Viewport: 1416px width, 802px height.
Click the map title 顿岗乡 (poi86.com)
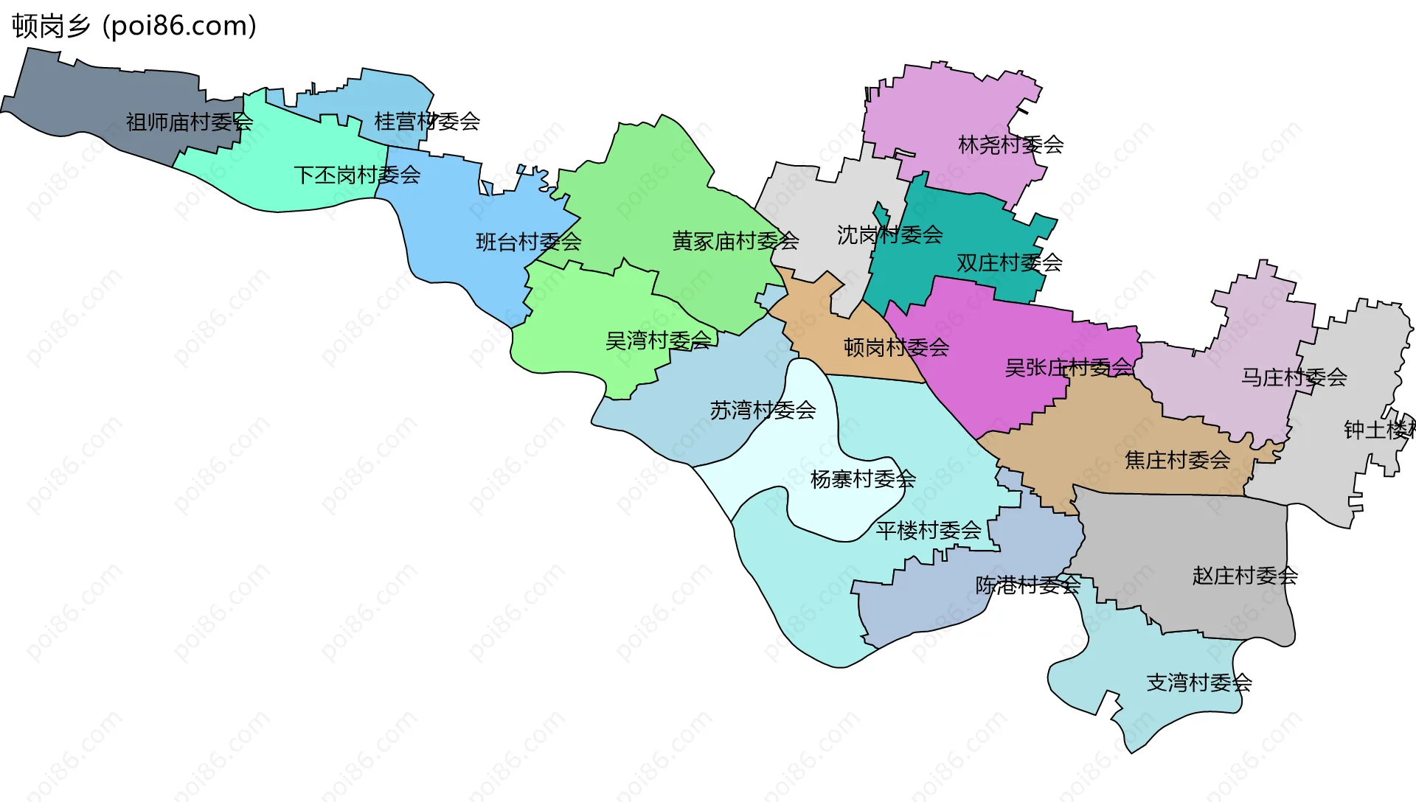[134, 26]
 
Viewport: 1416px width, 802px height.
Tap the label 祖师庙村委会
[189, 122]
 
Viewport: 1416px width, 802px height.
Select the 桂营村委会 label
[427, 121]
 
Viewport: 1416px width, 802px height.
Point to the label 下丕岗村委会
[357, 175]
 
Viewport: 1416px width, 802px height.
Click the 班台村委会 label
[528, 242]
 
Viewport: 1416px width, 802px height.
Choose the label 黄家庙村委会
[735, 240]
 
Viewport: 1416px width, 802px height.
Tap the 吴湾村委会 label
[658, 340]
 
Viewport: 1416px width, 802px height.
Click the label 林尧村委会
[1010, 144]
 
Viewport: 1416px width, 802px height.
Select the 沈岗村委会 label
[889, 235]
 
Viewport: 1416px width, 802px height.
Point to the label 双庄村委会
[1009, 262]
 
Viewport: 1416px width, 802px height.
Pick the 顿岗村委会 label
[896, 347]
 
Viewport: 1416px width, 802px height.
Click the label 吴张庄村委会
[1068, 367]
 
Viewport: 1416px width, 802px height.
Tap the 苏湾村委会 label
[763, 410]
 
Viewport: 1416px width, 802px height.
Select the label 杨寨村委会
[863, 479]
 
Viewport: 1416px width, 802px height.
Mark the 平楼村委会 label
[928, 530]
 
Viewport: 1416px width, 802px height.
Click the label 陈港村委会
[1027, 585]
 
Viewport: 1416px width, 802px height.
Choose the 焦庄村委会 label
[1177, 460]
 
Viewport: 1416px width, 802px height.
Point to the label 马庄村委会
[1294, 377]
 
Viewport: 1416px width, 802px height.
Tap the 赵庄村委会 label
[1244, 576]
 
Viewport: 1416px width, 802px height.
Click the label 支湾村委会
[1198, 683]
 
